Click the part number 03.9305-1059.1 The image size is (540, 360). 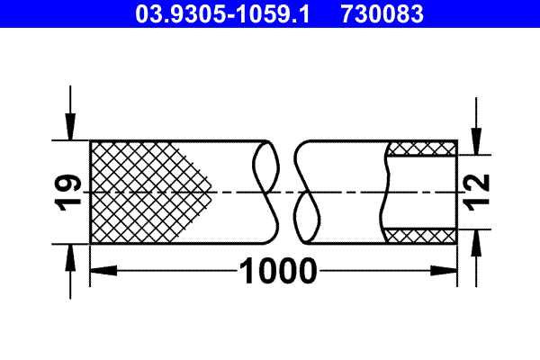[221, 13]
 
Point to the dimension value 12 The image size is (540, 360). [479, 192]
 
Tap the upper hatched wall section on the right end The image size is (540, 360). [420, 148]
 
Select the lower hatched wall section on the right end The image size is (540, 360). [420, 235]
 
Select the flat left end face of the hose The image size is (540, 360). [91, 192]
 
